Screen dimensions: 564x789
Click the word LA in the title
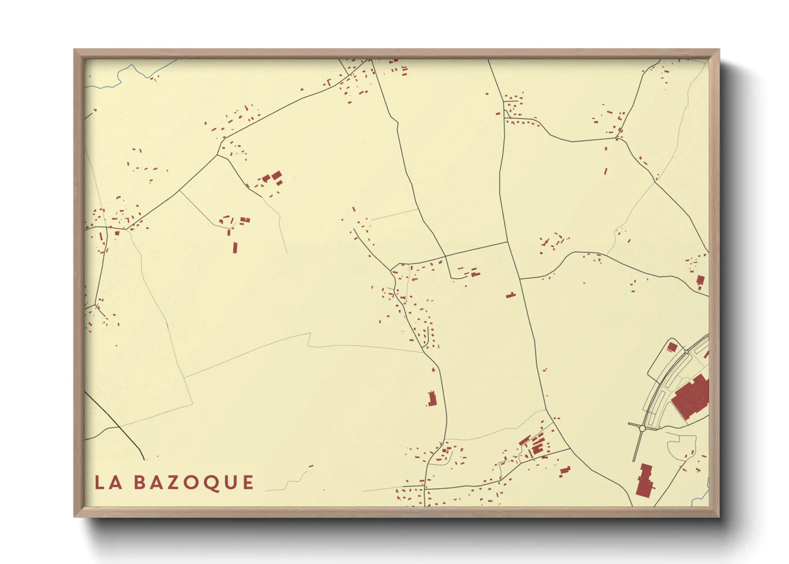coord(109,482)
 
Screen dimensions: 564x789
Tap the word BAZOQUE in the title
coord(194,482)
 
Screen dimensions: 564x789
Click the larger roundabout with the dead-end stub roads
coord(642,428)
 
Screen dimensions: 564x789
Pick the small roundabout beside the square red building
coord(686,352)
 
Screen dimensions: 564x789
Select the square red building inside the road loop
coord(672,347)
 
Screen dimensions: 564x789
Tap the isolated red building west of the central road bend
coord(432,398)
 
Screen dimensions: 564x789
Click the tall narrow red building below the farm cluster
coord(235,247)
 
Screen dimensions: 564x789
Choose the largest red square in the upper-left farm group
coord(276,175)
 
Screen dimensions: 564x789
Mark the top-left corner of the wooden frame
coord(75,50)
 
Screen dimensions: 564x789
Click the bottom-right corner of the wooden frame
coord(718,516)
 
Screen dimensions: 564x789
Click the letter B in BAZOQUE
coord(140,482)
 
